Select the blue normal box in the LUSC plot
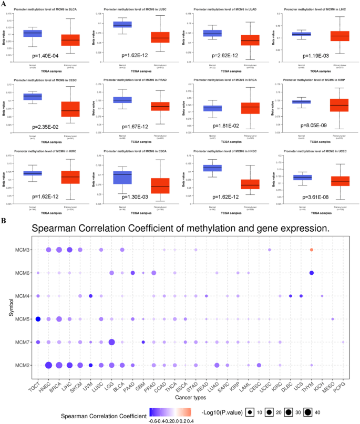[x=122, y=25]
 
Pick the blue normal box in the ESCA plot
[x=122, y=178]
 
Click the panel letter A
[x=4, y=4]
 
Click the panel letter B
[x=4, y=221]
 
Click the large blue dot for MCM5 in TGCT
[x=38, y=319]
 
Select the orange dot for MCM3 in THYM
[x=312, y=250]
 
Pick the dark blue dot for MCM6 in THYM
[x=312, y=273]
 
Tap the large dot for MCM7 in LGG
[x=111, y=342]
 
